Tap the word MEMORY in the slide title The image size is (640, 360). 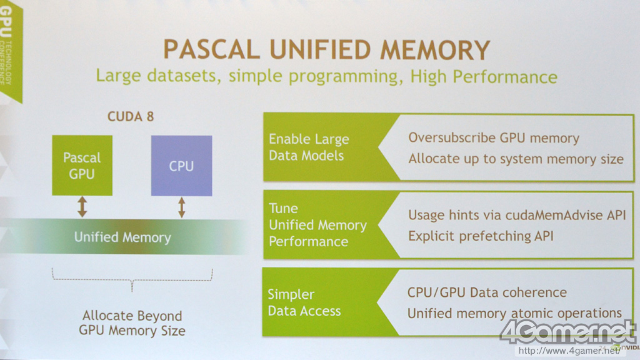click(432, 50)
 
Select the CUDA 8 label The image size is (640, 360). click(131, 116)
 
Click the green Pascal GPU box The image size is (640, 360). click(82, 165)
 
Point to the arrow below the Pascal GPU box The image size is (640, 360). click(82, 206)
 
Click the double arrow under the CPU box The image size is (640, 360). click(181, 206)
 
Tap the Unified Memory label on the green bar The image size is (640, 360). click(122, 237)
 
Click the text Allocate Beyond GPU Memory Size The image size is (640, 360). click(132, 323)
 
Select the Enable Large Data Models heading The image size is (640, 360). click(309, 147)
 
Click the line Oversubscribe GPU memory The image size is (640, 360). click(494, 137)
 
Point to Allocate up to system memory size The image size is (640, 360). click(516, 159)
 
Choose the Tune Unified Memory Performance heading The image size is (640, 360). click(317, 225)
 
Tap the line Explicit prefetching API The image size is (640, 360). click(481, 236)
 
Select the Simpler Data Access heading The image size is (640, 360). click(304, 302)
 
